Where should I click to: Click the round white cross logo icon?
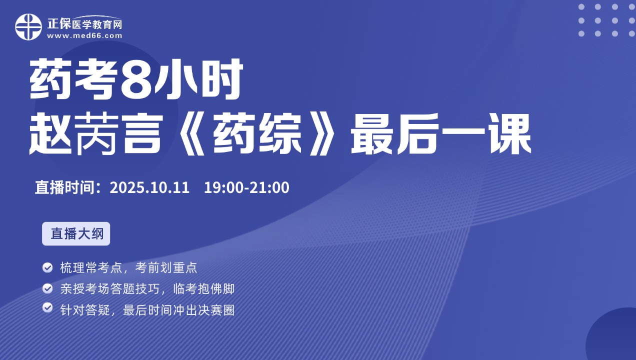click(28, 27)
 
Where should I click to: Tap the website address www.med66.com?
click(84, 36)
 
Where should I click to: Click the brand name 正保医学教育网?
click(84, 24)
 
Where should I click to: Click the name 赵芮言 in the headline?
click(96, 133)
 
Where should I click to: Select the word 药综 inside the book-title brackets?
click(257, 133)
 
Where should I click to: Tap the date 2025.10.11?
click(149, 187)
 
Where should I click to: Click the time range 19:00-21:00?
click(246, 187)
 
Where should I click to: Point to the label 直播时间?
click(64, 187)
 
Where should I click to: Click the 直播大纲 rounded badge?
click(76, 233)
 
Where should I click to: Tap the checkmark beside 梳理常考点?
click(47, 267)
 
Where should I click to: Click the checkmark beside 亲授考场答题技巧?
click(47, 288)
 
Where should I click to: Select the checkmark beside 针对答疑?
click(47, 307)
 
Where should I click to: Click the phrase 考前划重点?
click(166, 267)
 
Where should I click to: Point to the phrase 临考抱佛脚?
click(203, 289)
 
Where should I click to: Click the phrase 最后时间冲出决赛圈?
click(179, 310)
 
